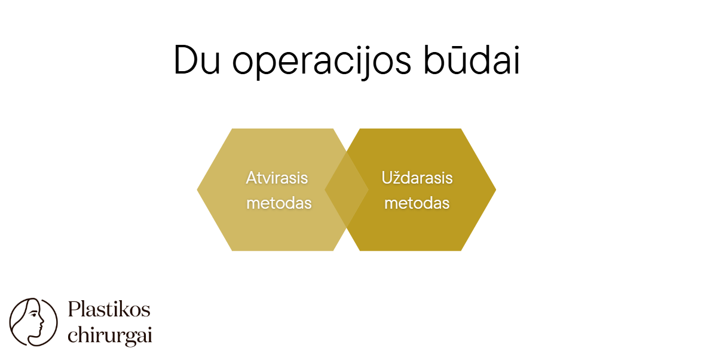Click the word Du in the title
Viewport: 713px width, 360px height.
coord(197,60)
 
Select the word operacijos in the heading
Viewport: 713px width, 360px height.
coord(322,62)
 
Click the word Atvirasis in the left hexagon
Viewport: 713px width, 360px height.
coord(277,178)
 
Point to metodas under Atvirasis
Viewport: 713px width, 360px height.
coord(279,203)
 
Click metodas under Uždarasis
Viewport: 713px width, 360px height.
coord(417,203)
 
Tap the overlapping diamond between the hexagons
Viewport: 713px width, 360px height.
coord(347,190)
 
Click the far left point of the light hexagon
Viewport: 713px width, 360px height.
coord(197,190)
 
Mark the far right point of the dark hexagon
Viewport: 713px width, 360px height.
coord(495,190)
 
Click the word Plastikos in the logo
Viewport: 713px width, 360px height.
coord(109,310)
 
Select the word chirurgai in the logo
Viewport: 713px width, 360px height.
coord(109,335)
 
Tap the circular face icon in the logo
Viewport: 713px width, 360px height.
coord(33,322)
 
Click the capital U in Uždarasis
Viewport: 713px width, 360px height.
coord(387,178)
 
